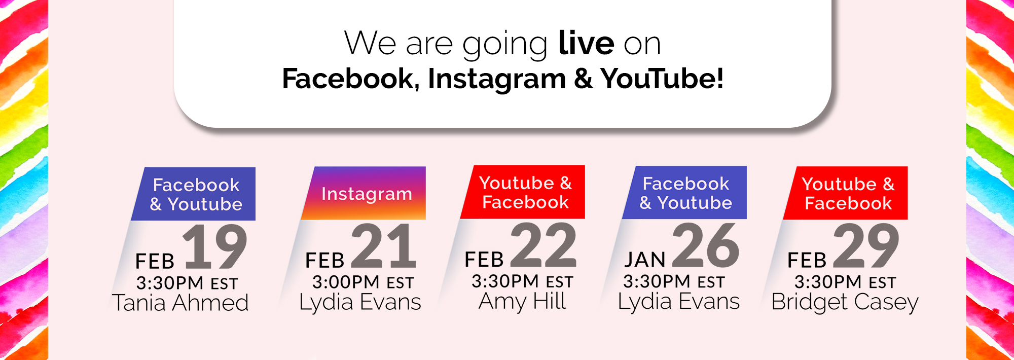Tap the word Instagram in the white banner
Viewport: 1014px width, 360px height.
[x=497, y=80]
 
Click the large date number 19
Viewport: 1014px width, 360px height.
[x=215, y=246]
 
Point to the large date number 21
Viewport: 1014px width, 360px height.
[x=384, y=246]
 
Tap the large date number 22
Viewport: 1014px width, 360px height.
[x=544, y=245]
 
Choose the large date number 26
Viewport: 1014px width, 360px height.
[x=706, y=245]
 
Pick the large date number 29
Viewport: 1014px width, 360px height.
[x=866, y=246]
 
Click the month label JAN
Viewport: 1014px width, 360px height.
[x=645, y=260]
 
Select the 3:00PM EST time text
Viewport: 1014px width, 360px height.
[x=364, y=282]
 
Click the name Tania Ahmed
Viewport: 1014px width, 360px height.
[x=180, y=303]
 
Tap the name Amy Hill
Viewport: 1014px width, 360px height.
[x=522, y=302]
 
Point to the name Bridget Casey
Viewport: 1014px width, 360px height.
[x=845, y=303]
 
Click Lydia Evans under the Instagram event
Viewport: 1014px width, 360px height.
[x=360, y=303]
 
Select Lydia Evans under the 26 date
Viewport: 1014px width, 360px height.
[x=679, y=302]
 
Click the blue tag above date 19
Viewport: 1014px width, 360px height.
[x=193, y=194]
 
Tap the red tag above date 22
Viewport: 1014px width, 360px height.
[x=523, y=192]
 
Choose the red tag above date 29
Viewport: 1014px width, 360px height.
[x=845, y=193]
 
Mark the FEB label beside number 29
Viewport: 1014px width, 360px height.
[x=807, y=261]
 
